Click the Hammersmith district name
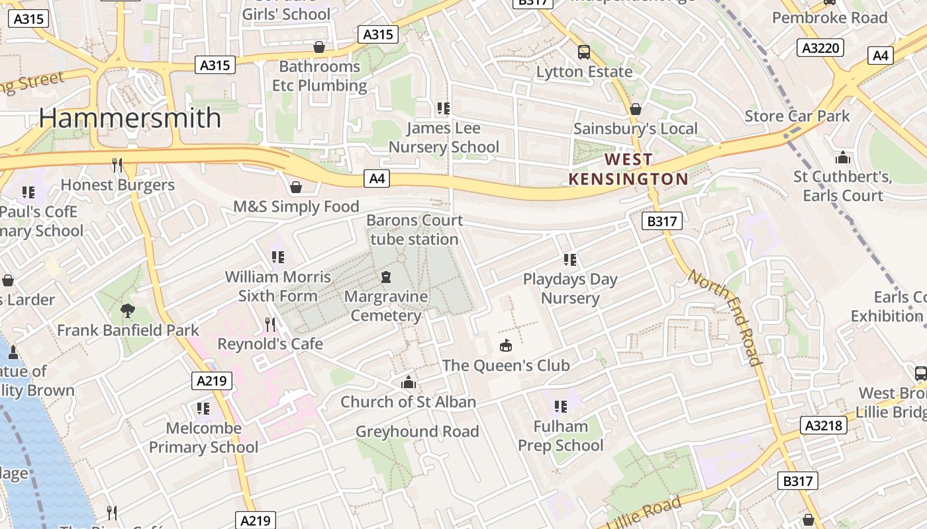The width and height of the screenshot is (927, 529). (x=130, y=118)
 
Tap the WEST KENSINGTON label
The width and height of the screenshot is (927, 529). (x=628, y=169)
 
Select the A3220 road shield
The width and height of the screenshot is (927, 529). (x=820, y=48)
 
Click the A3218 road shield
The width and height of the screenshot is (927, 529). (x=824, y=425)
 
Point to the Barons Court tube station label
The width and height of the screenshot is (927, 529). (x=414, y=229)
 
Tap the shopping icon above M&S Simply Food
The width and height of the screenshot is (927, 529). (x=296, y=187)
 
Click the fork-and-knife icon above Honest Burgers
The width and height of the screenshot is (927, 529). (x=117, y=165)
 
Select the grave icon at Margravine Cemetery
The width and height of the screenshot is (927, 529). (x=386, y=276)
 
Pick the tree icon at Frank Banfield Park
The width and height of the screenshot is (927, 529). (x=128, y=310)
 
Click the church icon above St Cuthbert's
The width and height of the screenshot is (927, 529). (x=842, y=157)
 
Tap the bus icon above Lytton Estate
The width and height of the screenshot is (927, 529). (x=584, y=52)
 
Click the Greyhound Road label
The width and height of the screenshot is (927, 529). (x=417, y=432)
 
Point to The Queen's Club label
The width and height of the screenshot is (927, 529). (x=506, y=365)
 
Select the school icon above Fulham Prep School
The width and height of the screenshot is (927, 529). (x=561, y=406)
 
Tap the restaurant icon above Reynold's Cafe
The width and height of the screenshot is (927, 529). (x=270, y=324)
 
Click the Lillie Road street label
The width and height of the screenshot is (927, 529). (x=643, y=512)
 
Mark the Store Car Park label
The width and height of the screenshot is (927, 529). (x=797, y=116)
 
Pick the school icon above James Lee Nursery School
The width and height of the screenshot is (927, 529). (x=444, y=108)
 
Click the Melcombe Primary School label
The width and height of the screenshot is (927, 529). (x=203, y=438)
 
